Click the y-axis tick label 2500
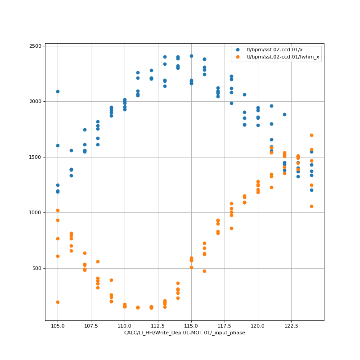click(35, 46)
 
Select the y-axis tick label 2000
click(35, 102)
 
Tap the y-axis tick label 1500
click(35, 157)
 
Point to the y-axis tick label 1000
click(35, 213)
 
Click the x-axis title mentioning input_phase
click(184, 333)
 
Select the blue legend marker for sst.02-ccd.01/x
click(238, 49)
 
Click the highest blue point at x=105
click(58, 91)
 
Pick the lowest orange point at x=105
click(58, 302)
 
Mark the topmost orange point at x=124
click(311, 135)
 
